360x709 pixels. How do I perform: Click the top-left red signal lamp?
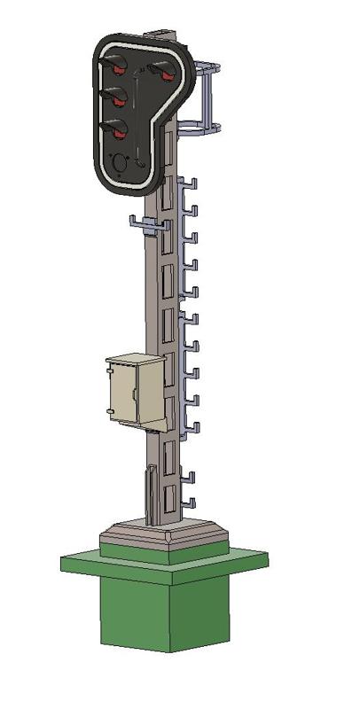116,70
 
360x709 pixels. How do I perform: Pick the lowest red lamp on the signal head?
117,133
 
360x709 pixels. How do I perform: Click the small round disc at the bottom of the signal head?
121,162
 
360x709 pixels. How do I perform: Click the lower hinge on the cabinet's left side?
109,411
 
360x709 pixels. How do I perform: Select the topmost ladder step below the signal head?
189,183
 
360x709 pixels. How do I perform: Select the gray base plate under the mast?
164,537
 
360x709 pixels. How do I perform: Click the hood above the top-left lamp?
115,60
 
